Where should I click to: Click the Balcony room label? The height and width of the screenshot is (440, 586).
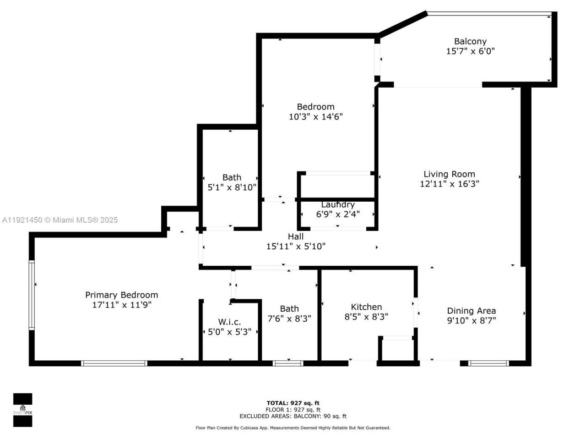point(470,41)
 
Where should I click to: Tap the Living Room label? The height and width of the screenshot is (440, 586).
point(449,174)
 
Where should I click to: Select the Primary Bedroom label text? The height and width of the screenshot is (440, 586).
point(122,295)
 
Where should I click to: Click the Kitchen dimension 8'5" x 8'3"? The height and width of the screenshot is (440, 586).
point(366,317)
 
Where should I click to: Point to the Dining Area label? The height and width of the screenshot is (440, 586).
point(471,311)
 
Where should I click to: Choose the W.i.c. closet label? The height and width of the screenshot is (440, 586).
point(229,322)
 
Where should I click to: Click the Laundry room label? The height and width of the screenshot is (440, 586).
point(337,205)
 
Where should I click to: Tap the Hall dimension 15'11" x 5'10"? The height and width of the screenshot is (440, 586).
point(296,247)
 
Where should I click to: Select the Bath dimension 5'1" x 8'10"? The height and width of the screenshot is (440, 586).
point(232,187)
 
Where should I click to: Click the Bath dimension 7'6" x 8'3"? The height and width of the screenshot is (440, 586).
point(289,319)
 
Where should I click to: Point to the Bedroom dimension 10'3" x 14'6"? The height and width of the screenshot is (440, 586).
point(315,117)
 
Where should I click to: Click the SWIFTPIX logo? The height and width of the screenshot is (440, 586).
point(22,410)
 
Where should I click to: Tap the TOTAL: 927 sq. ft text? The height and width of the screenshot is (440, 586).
point(293,403)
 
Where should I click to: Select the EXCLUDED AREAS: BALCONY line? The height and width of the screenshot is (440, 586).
point(293,416)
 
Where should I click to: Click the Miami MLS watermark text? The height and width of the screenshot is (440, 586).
point(60,220)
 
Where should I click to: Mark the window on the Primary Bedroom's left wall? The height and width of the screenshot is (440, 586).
point(32,295)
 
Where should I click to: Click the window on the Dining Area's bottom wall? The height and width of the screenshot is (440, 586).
point(488,363)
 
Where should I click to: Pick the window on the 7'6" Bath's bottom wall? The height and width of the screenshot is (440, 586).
point(288,363)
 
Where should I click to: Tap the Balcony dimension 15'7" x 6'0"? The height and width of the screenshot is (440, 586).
point(470,51)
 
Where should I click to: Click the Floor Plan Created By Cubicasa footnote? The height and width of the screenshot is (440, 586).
point(293,428)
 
